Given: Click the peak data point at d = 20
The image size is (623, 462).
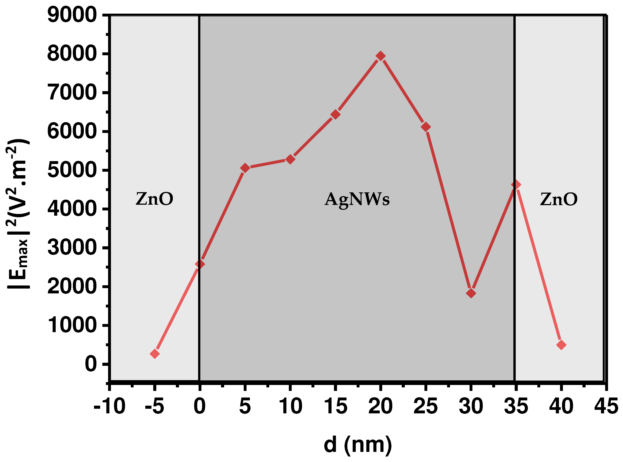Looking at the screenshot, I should pyautogui.click(x=380, y=56).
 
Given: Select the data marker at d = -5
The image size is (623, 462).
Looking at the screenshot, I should pyautogui.click(x=155, y=354).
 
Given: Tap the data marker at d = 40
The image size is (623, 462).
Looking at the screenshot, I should pyautogui.click(x=561, y=345).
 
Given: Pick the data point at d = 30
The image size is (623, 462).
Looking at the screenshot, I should pyautogui.click(x=471, y=293).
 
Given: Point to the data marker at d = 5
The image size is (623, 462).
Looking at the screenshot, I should pyautogui.click(x=245, y=168).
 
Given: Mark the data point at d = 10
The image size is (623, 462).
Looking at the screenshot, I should pyautogui.click(x=290, y=159).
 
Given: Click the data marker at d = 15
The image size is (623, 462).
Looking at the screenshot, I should pyautogui.click(x=335, y=114).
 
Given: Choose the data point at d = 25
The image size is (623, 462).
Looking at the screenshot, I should pyautogui.click(x=426, y=127).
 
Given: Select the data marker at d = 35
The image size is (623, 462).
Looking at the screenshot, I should pyautogui.click(x=516, y=185).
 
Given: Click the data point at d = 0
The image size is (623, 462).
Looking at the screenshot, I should pyautogui.click(x=200, y=264).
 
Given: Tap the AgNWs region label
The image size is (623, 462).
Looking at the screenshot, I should pyautogui.click(x=357, y=200).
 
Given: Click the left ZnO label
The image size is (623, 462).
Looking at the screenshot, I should pyautogui.click(x=154, y=199).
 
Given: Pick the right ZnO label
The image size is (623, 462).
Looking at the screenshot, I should pyautogui.click(x=559, y=199).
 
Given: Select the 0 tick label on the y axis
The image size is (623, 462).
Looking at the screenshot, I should pyautogui.click(x=91, y=364).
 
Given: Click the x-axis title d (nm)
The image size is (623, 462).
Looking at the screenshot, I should pyautogui.click(x=358, y=445).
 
